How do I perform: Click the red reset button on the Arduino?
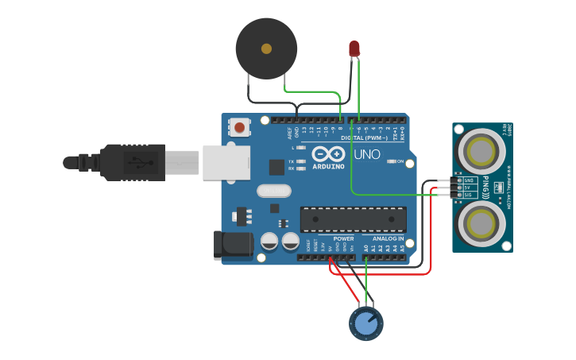point(239,126)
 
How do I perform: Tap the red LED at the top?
point(354,49)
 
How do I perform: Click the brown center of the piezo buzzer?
point(266,48)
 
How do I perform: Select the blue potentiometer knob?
point(365,323)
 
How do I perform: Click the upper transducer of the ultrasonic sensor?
point(481,149)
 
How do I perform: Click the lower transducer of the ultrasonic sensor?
point(481,222)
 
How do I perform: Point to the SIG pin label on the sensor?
point(469,195)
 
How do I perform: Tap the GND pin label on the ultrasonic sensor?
point(469,180)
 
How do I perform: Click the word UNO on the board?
point(366,154)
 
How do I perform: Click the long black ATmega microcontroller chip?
point(353,219)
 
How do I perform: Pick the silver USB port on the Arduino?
point(226,162)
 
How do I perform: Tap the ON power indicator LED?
point(391,161)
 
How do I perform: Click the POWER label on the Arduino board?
point(343,238)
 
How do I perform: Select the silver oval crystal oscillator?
point(275,191)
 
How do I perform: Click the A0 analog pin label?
point(366,248)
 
